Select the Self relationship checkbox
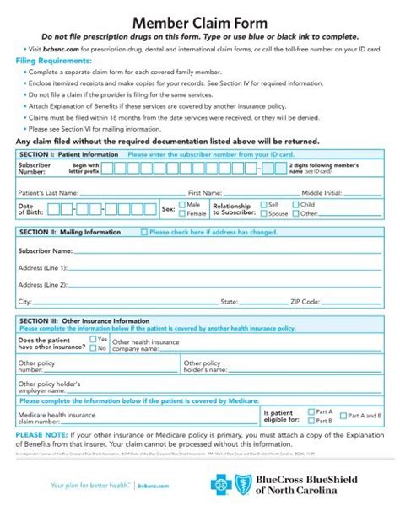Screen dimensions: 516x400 (262, 203)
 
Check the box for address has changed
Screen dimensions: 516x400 (143, 230)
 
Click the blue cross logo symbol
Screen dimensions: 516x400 (224, 486)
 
